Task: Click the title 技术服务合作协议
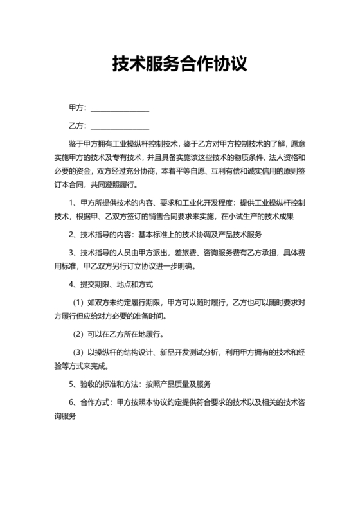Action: tap(179, 64)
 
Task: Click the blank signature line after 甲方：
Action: tap(122, 110)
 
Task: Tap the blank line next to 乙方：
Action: tap(122, 127)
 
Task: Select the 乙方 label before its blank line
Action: tap(76, 125)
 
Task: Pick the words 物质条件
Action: tap(230, 157)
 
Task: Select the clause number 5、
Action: tap(73, 384)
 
